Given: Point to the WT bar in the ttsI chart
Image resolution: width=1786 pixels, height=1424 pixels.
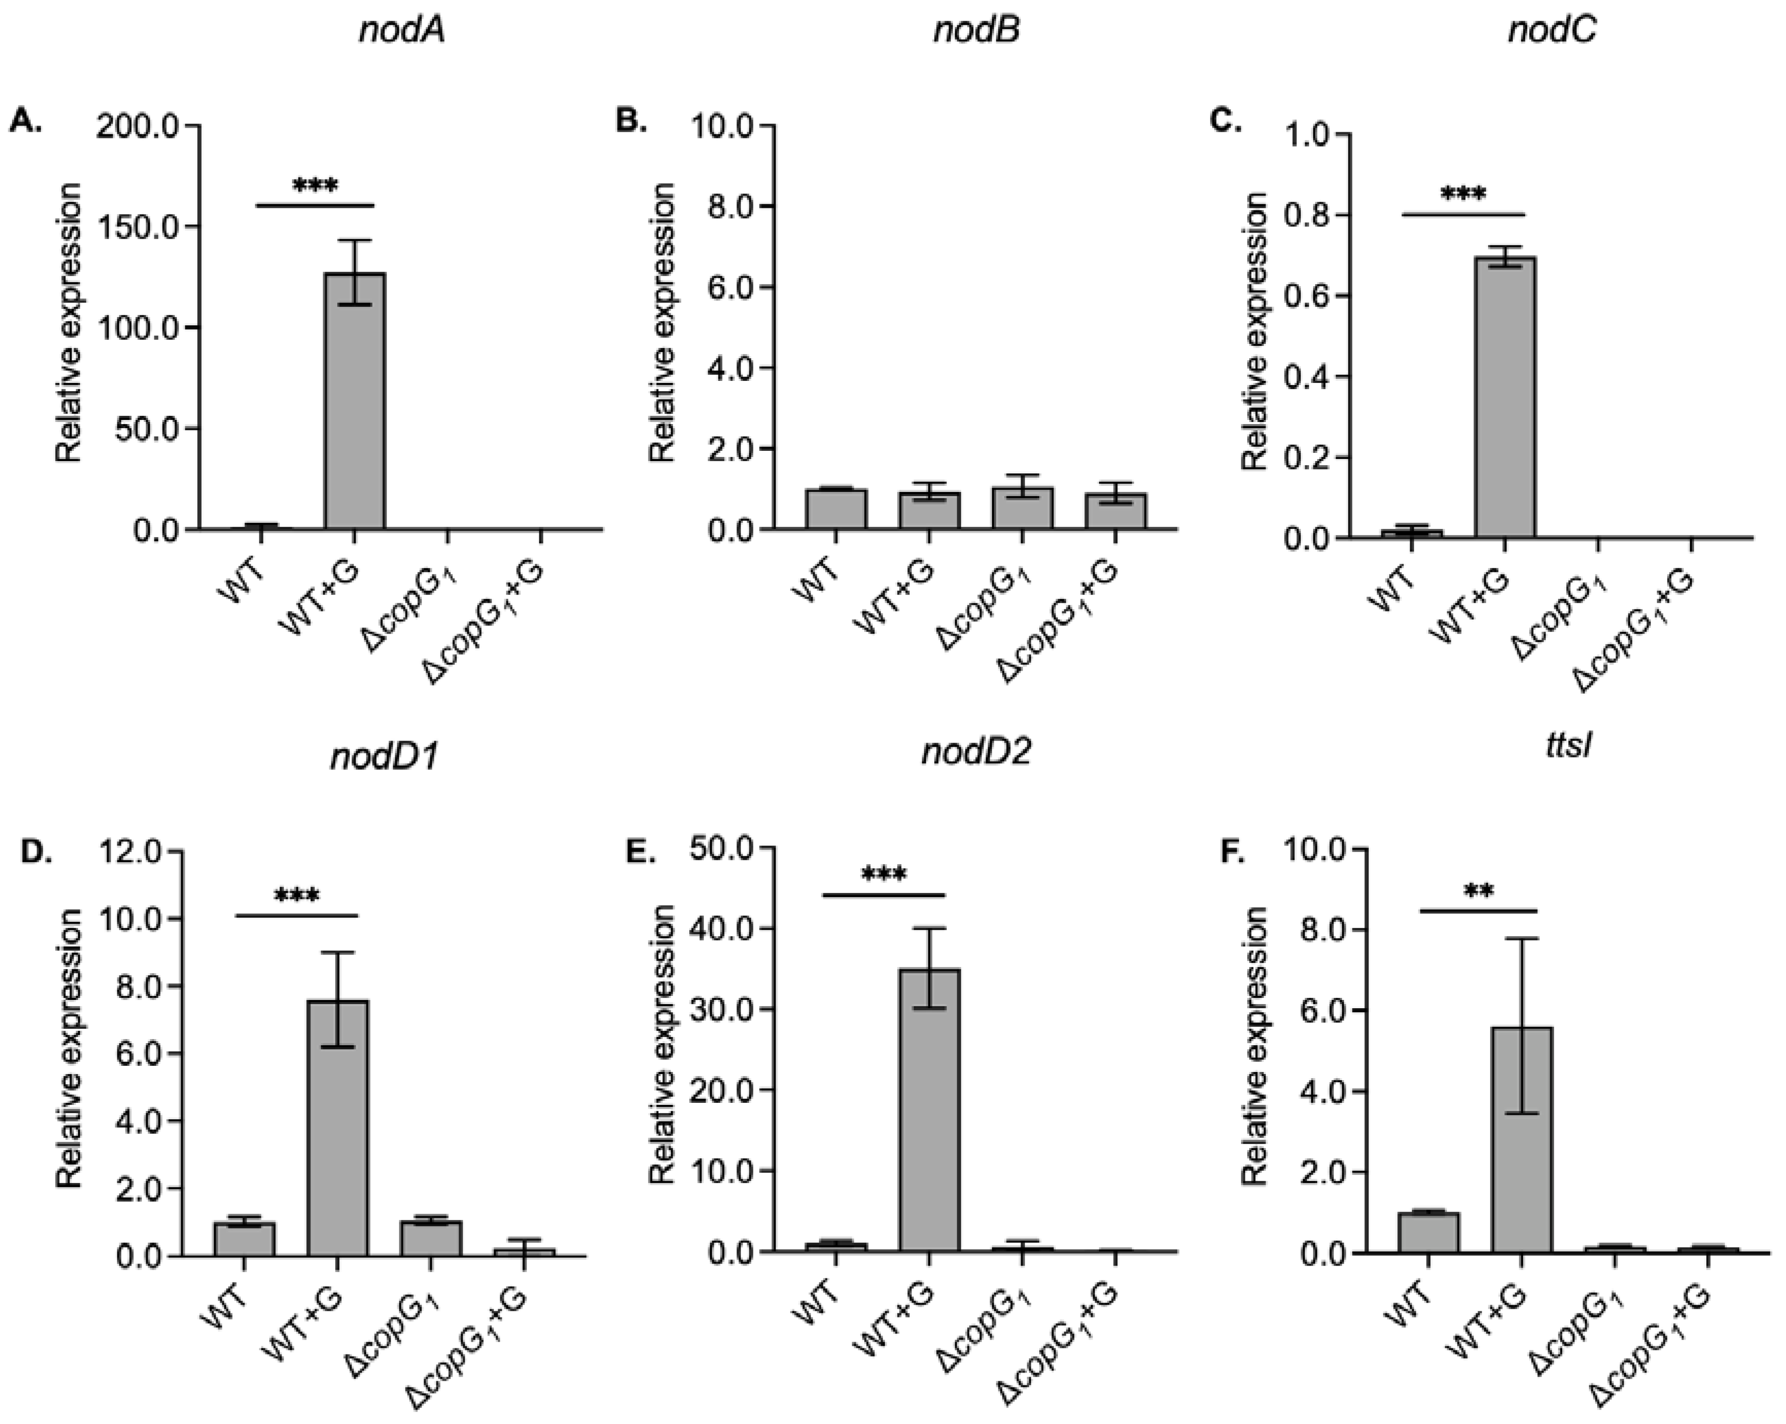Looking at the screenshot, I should [x=1428, y=1233].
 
